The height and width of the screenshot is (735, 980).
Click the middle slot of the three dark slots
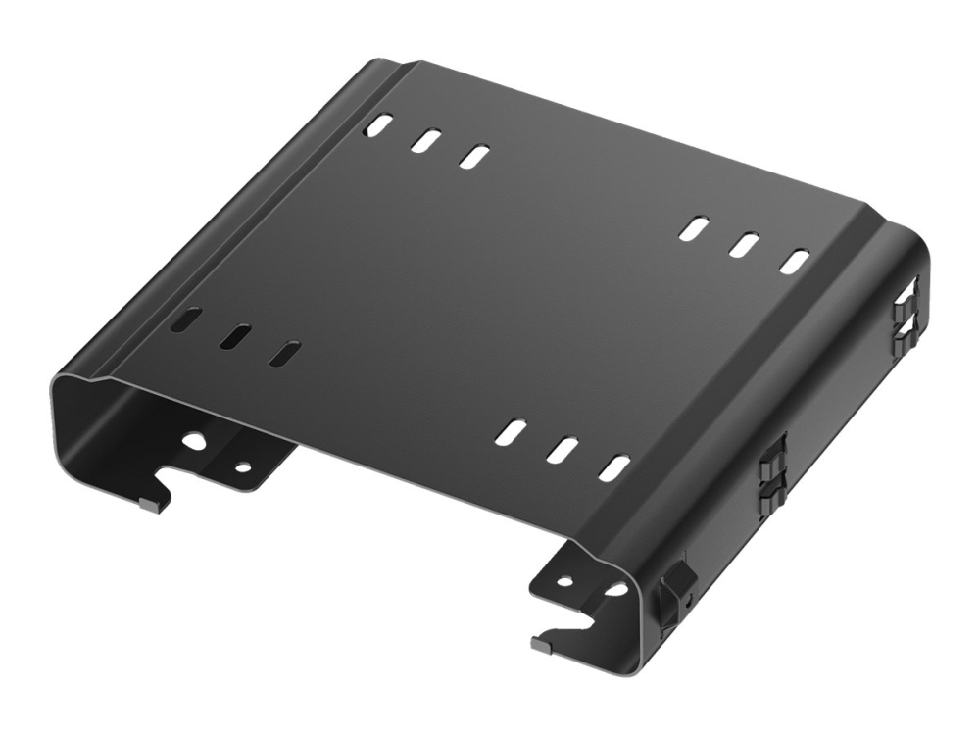pyautogui.click(x=234, y=336)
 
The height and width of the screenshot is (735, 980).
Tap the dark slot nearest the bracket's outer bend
pyautogui.click(x=185, y=319)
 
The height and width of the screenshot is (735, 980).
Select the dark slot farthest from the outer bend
pyautogui.click(x=284, y=353)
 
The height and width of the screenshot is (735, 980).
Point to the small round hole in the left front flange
pyautogui.click(x=241, y=467)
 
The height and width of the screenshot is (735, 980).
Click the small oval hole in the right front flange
pyautogui.click(x=565, y=580)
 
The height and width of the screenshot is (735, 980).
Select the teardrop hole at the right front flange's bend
pyautogui.click(x=614, y=590)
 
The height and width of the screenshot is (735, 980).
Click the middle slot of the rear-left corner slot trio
pyautogui.click(x=425, y=140)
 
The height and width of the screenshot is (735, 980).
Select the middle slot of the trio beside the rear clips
pyautogui.click(x=746, y=245)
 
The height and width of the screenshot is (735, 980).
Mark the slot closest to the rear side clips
pyautogui.click(x=796, y=262)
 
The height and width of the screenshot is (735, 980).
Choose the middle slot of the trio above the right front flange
pyautogui.click(x=563, y=450)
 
